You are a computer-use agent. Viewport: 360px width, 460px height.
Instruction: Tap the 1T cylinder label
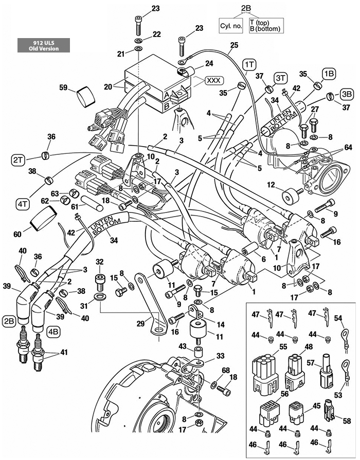[250, 64]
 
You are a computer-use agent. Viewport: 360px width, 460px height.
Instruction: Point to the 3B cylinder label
[347, 95]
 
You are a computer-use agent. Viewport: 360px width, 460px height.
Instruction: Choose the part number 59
[63, 89]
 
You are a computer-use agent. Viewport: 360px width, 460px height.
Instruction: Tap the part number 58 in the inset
[347, 421]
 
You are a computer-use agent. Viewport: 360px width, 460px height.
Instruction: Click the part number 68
[225, 370]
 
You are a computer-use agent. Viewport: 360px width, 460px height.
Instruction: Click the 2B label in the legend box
[246, 8]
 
